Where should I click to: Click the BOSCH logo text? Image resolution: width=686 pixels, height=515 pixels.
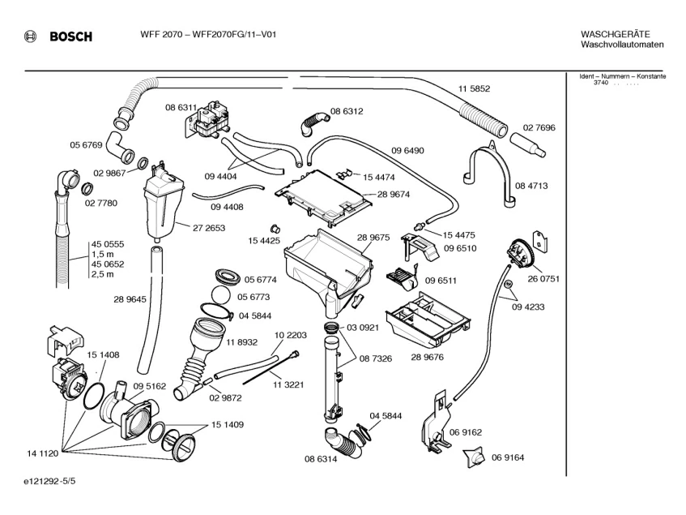pos(70,36)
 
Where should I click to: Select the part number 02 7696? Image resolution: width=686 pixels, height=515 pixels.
pos(539,127)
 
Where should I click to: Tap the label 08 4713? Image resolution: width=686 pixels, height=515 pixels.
pos(532,186)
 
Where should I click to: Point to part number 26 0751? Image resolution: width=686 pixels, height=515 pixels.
pos(543,278)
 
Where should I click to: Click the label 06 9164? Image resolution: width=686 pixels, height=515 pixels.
pos(508,457)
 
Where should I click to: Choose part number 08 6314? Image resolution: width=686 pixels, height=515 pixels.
pos(322,459)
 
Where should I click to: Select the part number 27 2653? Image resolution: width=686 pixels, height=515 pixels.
pos(209,228)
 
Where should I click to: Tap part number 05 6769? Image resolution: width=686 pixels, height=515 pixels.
pos(86,145)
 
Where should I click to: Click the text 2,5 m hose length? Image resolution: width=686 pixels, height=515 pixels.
pos(102,274)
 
